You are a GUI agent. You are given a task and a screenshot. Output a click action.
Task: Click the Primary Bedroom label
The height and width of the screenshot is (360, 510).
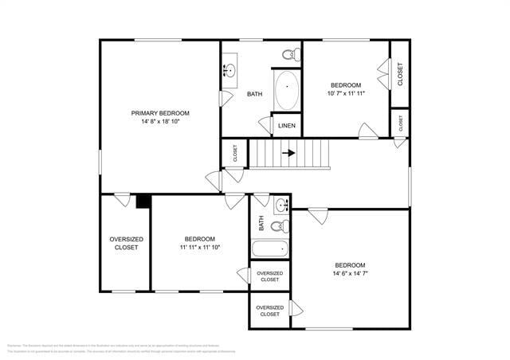point(160,113)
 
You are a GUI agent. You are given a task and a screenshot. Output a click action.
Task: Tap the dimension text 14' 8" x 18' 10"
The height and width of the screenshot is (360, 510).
point(160,122)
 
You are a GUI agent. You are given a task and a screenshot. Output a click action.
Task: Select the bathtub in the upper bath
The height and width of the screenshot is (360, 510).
point(286,92)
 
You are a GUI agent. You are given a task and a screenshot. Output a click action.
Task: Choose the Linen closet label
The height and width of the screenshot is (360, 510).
point(287,126)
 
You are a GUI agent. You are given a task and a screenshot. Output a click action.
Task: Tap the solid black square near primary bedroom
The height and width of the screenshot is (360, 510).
point(143,202)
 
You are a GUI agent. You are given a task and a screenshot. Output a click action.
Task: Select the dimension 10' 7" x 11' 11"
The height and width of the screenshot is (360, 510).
point(346,94)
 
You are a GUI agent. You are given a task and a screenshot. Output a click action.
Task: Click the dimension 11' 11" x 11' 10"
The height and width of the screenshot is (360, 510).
point(199,248)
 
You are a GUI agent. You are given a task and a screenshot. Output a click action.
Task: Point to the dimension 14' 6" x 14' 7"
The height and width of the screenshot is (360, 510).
point(350,274)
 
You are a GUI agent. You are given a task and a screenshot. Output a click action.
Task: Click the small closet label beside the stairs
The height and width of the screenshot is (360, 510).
point(235,153)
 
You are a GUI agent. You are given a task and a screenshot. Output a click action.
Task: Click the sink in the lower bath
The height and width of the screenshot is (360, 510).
point(280,206)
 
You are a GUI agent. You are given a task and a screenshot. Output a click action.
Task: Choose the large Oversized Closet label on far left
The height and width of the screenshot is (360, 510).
point(126,243)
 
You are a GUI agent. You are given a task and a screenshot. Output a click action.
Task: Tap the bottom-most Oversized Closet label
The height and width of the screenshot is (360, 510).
point(270,311)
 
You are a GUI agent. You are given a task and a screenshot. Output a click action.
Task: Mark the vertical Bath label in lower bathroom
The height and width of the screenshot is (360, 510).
point(261,223)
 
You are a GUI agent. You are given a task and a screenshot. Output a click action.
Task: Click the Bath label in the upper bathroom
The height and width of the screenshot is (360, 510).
point(254,94)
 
